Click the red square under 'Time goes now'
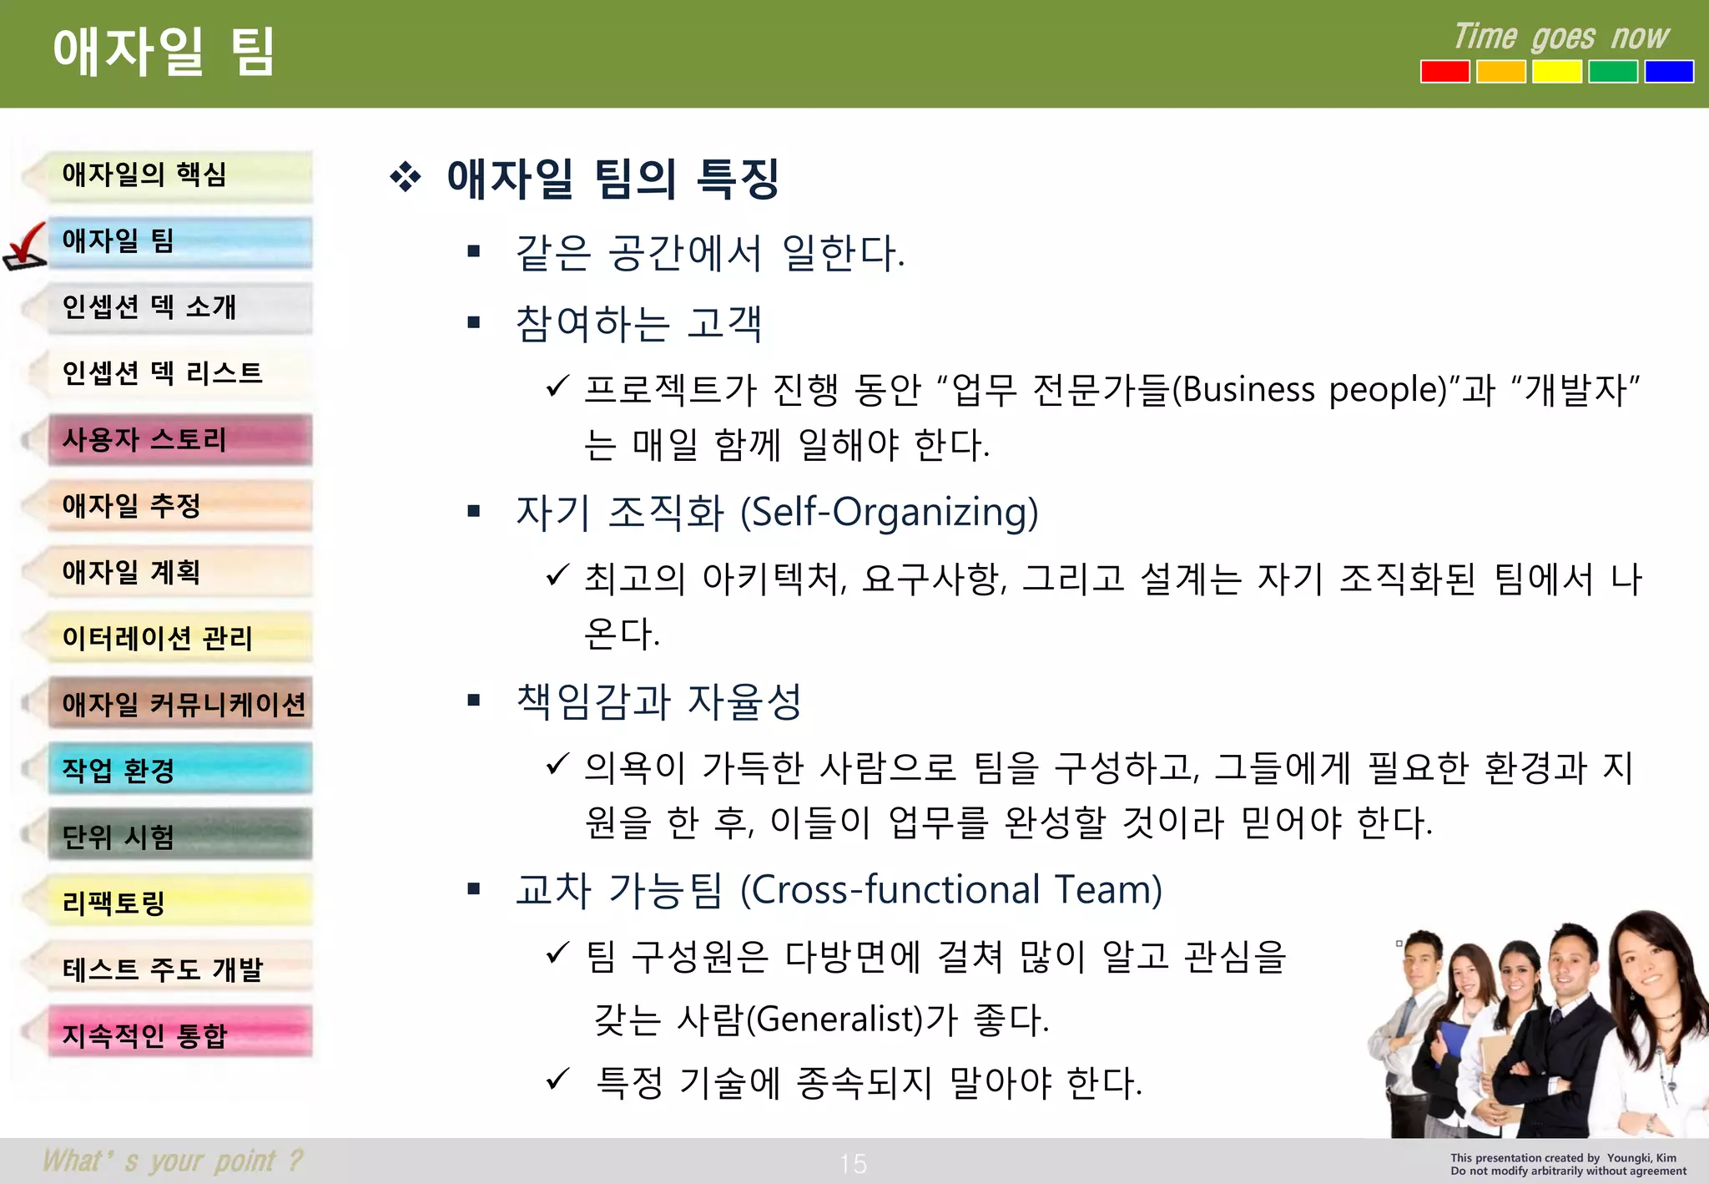1444,72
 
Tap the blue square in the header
1668,72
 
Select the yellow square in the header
1556,72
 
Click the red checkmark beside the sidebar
25,246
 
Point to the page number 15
853,1163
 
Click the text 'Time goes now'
1560,38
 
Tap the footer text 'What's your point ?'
173,1161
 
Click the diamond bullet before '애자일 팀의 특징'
406,178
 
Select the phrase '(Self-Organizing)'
890,512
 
